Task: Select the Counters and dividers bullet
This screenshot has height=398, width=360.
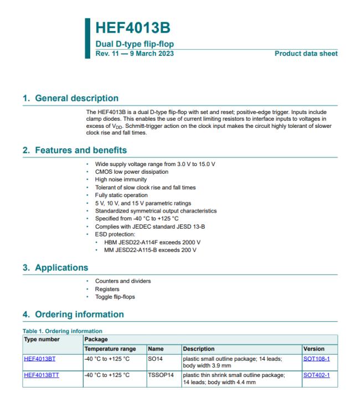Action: (123, 281)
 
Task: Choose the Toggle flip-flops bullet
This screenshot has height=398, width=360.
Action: (116, 297)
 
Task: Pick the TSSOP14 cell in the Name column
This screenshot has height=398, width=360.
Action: (159, 374)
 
